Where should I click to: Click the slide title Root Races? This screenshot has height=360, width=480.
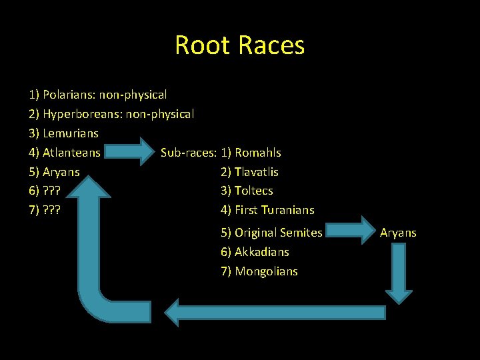pos(239,45)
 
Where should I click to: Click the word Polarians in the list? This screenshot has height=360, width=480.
pos(67,95)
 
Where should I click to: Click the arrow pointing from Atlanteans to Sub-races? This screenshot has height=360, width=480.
pos(132,153)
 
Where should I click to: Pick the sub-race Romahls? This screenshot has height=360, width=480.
pos(257,153)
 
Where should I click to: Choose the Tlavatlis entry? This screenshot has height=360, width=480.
pos(256,172)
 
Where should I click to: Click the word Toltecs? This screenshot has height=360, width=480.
pos(253,191)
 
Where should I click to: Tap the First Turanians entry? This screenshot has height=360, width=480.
pos(274,210)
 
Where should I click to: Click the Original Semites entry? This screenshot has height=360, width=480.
pos(278,233)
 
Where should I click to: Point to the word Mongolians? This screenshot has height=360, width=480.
pos(266,271)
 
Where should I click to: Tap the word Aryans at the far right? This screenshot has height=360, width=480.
pos(398,233)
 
